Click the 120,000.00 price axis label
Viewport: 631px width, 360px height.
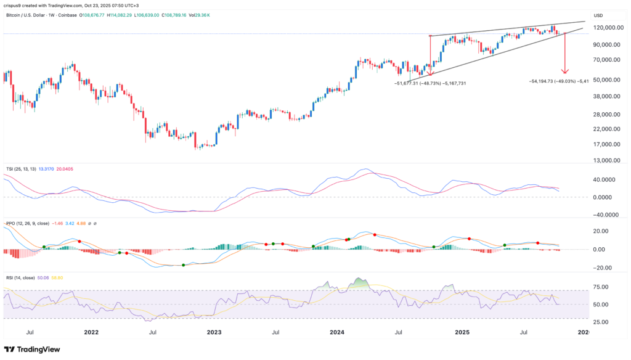pos(606,28)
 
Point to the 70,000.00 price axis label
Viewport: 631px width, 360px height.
pos(605,60)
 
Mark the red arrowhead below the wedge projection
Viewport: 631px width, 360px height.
pos(564,72)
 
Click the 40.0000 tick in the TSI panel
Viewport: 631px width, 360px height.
pos(606,180)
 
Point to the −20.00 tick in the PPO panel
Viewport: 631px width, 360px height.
pos(606,268)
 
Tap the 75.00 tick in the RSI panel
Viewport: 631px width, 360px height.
pos(606,287)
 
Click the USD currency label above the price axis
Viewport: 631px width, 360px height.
pos(598,15)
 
